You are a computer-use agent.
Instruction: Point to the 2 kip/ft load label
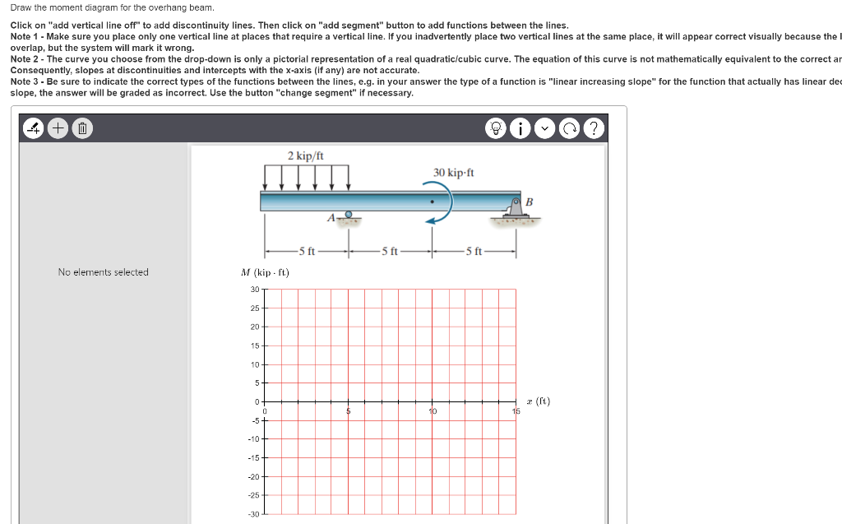point(305,155)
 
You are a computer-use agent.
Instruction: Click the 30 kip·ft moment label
point(453,173)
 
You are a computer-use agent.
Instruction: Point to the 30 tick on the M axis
point(254,289)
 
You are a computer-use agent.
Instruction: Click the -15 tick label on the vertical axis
point(253,457)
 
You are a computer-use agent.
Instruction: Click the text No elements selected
point(103,272)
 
